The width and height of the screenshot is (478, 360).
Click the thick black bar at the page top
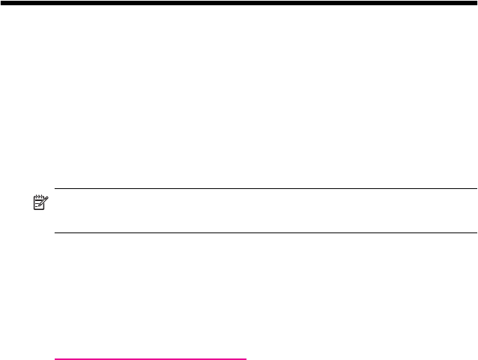[239, 3]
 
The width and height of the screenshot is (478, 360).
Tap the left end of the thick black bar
[1, 3]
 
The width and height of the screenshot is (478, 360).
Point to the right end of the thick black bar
[476, 3]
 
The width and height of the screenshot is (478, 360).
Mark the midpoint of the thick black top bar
[239, 3]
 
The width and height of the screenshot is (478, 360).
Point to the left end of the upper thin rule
[55, 189]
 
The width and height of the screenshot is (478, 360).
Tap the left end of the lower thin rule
[55, 232]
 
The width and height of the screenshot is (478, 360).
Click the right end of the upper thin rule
[477, 189]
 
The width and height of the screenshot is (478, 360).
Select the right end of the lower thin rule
[477, 232]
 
